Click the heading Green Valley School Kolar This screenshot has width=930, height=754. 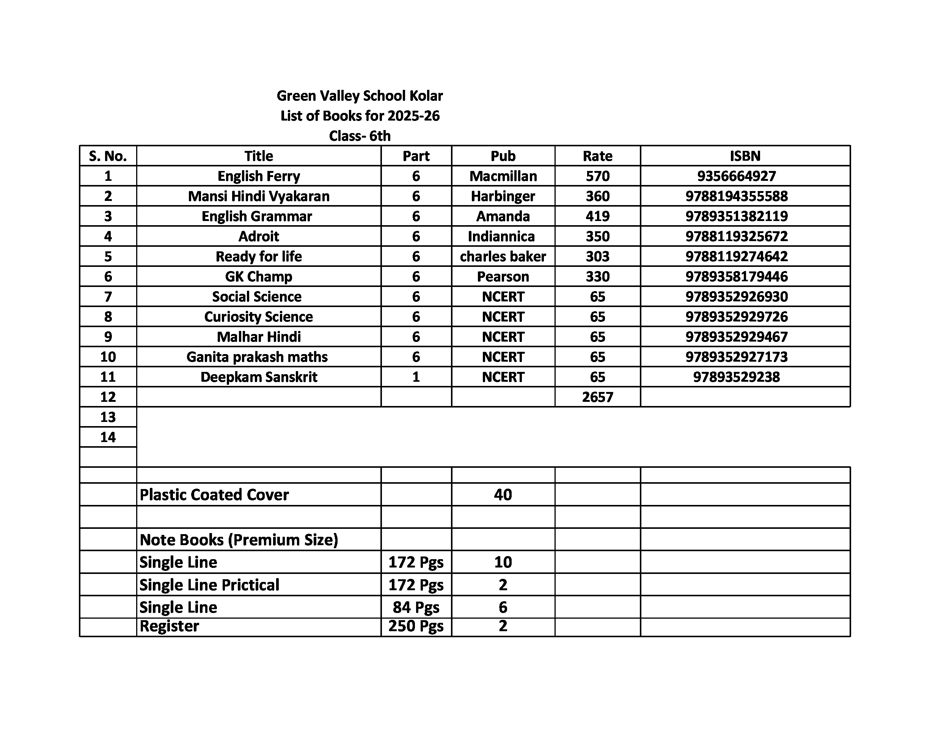(x=360, y=96)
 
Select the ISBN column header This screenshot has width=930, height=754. (x=745, y=156)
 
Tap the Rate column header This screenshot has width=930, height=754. (x=597, y=156)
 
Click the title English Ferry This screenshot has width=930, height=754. (x=259, y=176)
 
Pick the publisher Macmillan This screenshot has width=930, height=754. (x=503, y=176)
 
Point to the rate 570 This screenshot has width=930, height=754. (x=597, y=176)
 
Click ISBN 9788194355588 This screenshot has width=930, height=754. (x=736, y=196)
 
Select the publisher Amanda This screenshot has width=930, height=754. (x=503, y=216)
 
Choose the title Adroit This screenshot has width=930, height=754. (x=259, y=236)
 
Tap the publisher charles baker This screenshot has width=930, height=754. (x=503, y=256)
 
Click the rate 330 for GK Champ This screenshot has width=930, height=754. (x=597, y=276)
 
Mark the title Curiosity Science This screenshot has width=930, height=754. (x=259, y=317)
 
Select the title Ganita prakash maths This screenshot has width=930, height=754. (x=257, y=357)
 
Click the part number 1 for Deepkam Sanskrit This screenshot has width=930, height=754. (x=416, y=376)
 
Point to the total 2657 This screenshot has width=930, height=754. (x=597, y=397)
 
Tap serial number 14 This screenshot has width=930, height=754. (x=108, y=437)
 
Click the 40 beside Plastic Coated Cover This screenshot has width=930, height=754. (x=503, y=494)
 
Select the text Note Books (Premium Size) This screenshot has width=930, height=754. (x=239, y=539)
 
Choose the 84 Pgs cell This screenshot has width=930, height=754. (x=416, y=607)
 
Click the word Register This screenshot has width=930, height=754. (x=169, y=626)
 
